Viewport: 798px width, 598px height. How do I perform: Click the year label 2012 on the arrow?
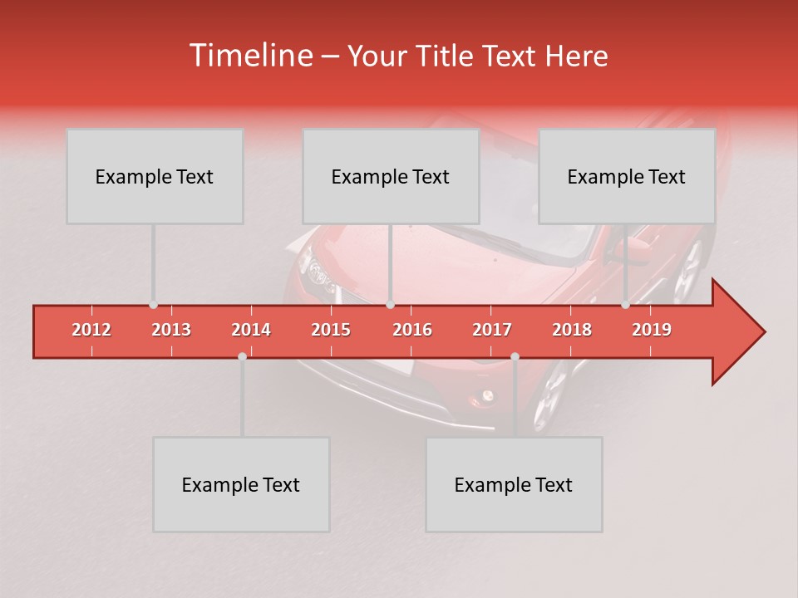[91, 330]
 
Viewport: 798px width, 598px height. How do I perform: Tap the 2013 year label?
[171, 330]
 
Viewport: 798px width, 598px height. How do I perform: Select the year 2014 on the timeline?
[251, 330]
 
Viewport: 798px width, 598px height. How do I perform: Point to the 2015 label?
[331, 330]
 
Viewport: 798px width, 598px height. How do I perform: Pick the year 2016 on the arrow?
[412, 330]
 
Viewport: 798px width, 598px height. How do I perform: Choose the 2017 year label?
[492, 330]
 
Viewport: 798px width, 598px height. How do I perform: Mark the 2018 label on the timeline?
[572, 330]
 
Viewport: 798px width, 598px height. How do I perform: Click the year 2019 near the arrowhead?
[652, 330]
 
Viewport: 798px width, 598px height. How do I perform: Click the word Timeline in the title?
[249, 56]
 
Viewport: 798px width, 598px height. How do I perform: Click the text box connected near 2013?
[155, 176]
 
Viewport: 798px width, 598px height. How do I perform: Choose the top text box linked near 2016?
[391, 176]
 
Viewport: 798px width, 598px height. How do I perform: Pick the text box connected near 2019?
[627, 176]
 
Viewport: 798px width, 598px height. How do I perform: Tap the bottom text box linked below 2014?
[241, 484]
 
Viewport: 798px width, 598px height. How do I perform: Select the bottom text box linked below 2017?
[514, 484]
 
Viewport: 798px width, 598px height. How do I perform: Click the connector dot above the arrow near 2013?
[153, 305]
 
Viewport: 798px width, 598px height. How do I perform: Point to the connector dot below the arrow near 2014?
[242, 356]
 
